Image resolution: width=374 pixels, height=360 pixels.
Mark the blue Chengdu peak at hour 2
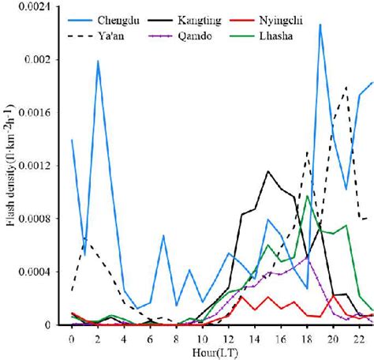point(98,61)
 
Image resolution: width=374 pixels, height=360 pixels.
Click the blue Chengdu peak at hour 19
point(320,24)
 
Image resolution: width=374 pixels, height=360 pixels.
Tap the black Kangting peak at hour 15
point(268,171)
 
